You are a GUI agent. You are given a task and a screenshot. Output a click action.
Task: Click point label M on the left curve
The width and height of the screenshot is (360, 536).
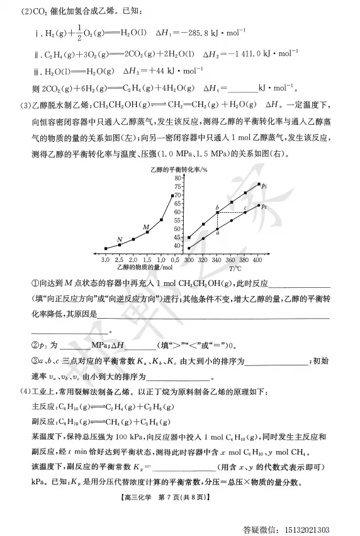coord(147,227)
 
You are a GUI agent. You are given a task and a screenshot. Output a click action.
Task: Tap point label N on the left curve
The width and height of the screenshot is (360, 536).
coord(120,239)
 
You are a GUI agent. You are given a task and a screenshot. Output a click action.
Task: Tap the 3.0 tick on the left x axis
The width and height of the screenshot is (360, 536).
coord(105,259)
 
